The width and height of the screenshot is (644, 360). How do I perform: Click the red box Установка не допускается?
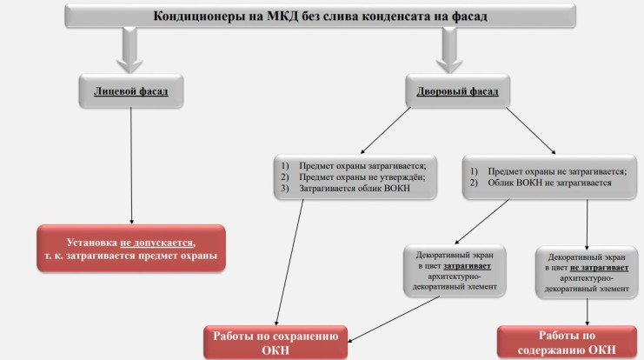tap(130, 248)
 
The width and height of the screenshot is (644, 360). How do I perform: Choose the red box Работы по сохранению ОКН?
tap(276, 341)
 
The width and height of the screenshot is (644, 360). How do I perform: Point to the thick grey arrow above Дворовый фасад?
tap(451, 50)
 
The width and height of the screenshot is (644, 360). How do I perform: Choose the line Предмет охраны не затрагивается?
tap(557, 172)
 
